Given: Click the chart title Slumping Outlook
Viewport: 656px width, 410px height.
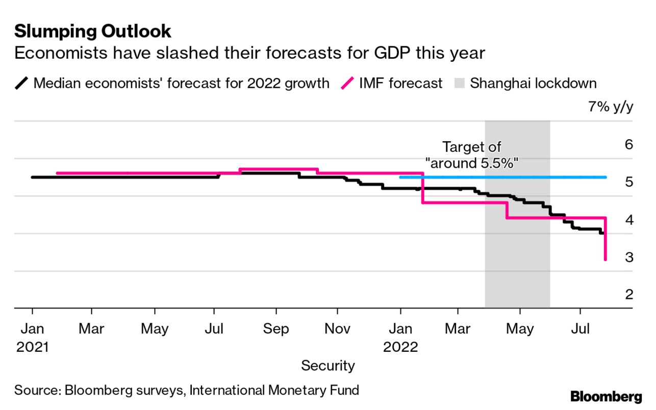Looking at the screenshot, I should (92, 31).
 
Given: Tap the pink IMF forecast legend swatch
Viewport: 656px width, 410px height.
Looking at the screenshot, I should (348, 83).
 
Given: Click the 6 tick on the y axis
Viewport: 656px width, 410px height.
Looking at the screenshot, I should (628, 145).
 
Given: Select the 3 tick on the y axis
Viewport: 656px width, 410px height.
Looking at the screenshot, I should (628, 258).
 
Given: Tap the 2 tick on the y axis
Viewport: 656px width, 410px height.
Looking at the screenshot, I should (628, 295).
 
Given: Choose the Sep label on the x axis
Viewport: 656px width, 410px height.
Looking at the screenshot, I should (276, 329).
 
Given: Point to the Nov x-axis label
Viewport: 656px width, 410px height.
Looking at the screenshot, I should (337, 329).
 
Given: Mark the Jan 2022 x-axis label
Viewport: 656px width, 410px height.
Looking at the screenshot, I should (400, 337).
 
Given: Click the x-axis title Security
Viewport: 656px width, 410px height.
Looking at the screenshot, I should (327, 365).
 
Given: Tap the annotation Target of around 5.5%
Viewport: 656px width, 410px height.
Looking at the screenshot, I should (471, 155).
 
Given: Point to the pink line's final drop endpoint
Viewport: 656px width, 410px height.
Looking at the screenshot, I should (605, 260).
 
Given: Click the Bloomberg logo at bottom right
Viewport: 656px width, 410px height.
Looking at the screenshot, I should (606, 396).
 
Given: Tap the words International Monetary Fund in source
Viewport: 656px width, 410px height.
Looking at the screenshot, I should (274, 391).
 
